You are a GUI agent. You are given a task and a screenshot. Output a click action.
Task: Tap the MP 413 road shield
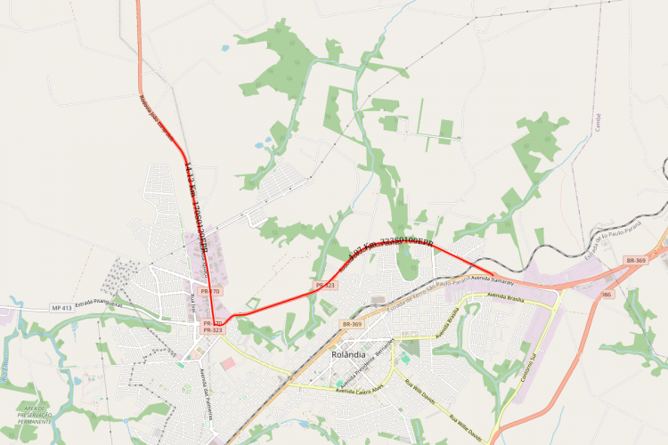tap(61, 307)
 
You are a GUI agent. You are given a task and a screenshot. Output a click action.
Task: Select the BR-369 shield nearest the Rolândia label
tap(351, 325)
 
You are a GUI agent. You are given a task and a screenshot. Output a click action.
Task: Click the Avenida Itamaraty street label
tap(493, 278)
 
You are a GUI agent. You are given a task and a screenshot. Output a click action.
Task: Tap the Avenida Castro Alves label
tap(360, 391)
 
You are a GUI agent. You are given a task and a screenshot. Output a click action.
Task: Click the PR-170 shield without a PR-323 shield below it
tap(210, 291)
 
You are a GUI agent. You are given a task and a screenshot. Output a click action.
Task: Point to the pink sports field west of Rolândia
tap(228, 364)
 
